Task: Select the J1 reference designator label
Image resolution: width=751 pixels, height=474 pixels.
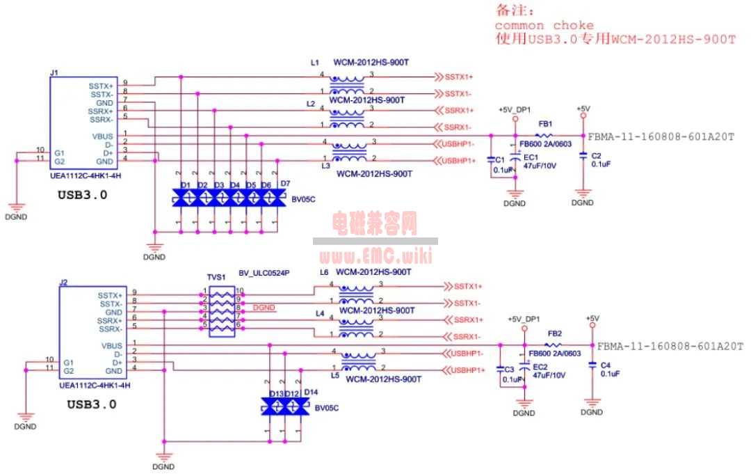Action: click(54, 72)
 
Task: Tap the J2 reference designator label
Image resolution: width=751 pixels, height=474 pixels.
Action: click(63, 282)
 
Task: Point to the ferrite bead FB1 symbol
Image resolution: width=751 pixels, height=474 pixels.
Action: click(545, 136)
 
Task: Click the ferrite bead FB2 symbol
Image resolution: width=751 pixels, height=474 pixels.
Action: click(554, 345)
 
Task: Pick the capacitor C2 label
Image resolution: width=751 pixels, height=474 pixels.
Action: click(596, 155)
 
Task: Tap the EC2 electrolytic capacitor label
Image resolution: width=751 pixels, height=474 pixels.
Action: click(541, 366)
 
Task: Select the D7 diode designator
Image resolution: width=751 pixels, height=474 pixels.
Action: click(285, 184)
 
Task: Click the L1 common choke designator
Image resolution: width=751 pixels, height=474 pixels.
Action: click(315, 63)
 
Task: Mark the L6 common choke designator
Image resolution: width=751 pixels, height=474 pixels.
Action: click(324, 271)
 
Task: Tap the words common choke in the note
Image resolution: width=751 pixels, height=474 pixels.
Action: click(544, 26)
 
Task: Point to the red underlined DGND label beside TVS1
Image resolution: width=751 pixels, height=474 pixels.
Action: click(264, 307)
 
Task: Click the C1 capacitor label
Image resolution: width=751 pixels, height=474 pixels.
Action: click(500, 159)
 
